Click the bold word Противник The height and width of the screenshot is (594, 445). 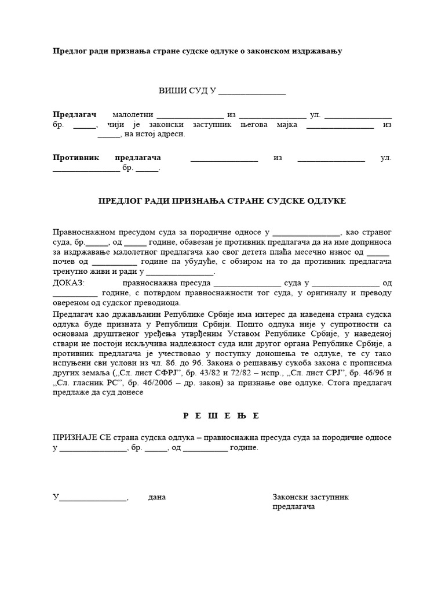tap(76, 157)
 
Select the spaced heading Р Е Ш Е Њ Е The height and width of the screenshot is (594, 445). tap(222, 416)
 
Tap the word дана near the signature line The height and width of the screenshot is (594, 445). tap(157, 497)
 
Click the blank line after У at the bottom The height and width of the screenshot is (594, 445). tap(93, 498)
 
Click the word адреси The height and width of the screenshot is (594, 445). tap(170, 135)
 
